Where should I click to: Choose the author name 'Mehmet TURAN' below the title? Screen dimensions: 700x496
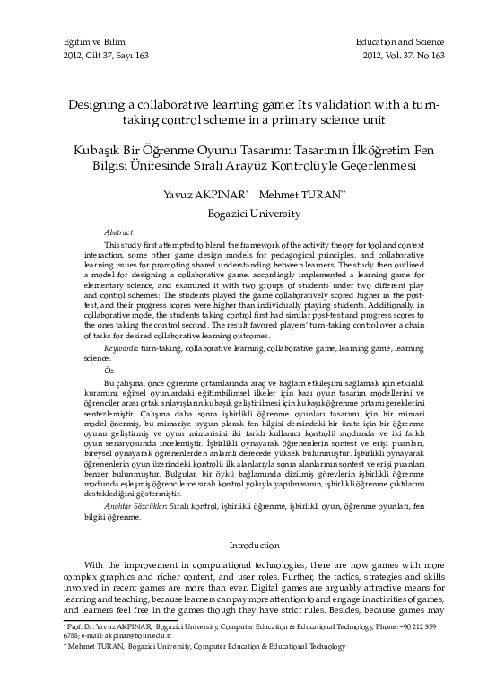click(296, 193)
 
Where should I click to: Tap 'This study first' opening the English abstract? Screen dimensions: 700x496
click(133, 244)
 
